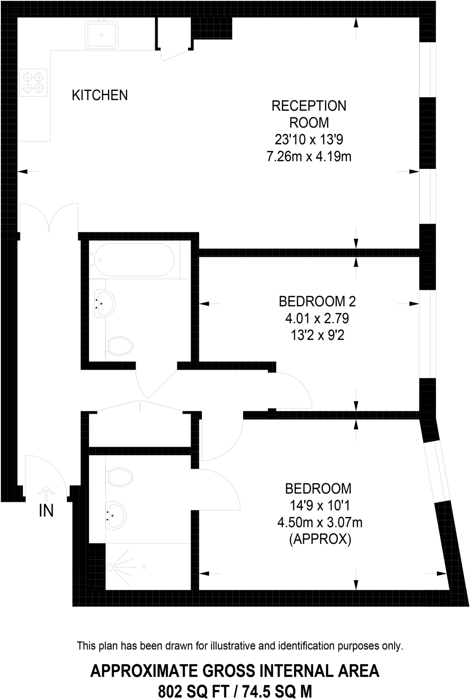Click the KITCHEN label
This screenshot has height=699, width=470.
click(100, 95)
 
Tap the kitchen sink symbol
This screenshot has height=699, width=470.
click(102, 34)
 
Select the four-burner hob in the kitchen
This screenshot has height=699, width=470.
click(33, 83)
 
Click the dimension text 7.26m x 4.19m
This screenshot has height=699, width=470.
click(309, 157)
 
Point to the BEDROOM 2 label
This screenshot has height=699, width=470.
click(317, 302)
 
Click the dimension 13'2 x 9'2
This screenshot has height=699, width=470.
click(317, 336)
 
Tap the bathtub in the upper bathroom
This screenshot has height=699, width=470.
click(134, 260)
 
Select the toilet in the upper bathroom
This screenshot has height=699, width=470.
click(119, 346)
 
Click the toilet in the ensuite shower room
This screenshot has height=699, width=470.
click(119, 476)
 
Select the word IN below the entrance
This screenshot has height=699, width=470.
click(46, 511)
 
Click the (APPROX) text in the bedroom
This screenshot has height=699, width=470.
click(320, 540)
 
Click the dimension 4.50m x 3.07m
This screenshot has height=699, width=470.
click(320, 523)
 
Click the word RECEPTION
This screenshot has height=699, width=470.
click(309, 106)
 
